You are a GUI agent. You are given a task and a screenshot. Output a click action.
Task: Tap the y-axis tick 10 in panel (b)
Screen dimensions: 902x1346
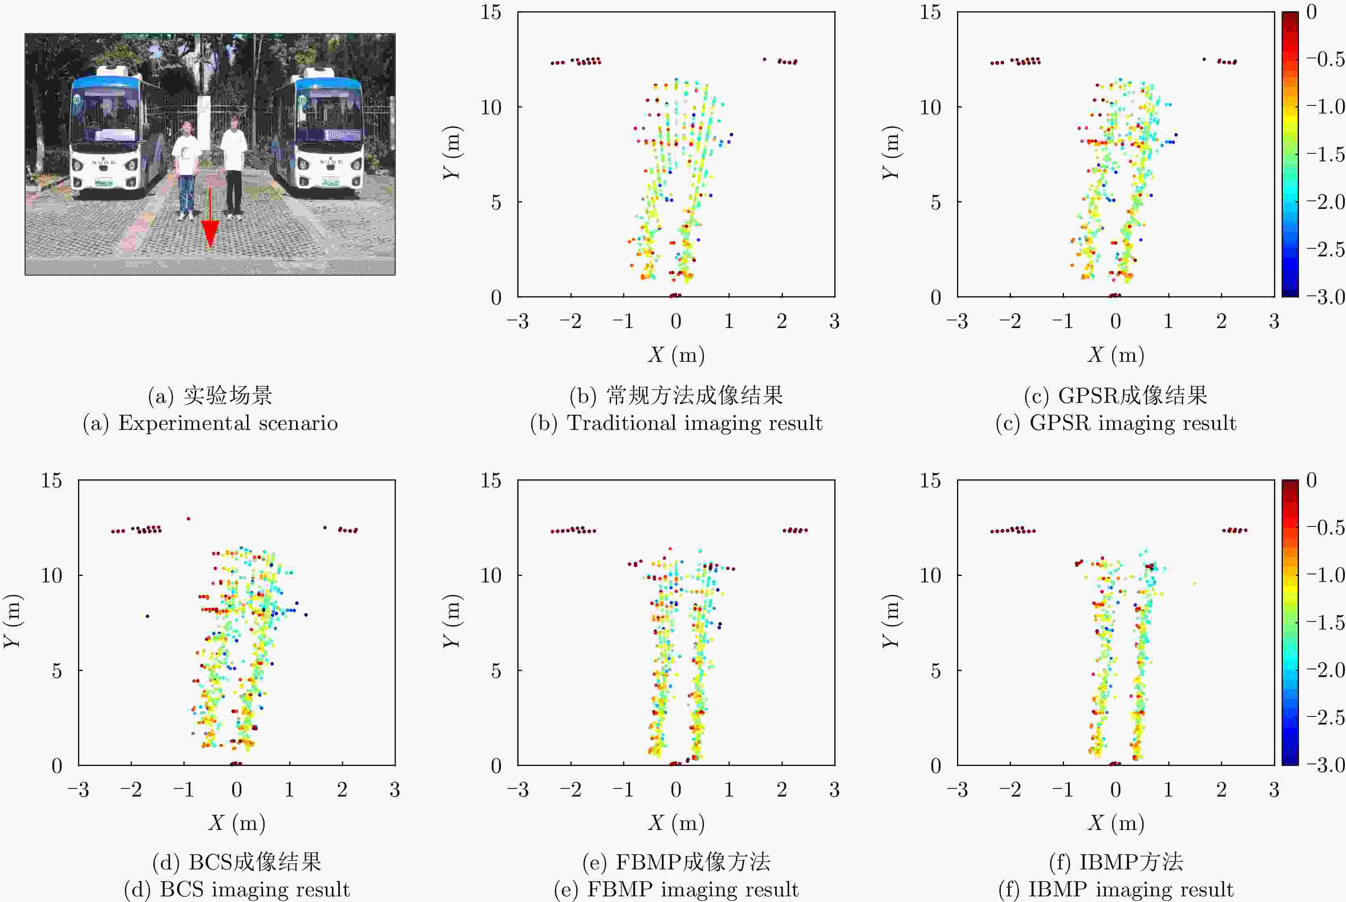491,107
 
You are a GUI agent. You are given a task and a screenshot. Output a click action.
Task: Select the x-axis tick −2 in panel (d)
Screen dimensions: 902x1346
131,790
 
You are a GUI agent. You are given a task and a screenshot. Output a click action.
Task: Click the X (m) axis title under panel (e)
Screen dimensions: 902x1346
676,823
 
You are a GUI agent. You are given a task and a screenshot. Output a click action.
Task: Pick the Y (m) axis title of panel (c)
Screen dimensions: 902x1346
891,153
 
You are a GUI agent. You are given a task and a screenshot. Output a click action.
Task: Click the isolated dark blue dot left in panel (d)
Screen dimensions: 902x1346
147,617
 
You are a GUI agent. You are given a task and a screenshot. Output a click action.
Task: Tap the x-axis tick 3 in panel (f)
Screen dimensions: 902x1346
1274,790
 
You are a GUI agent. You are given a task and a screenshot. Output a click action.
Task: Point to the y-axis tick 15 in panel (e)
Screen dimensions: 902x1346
491,480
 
